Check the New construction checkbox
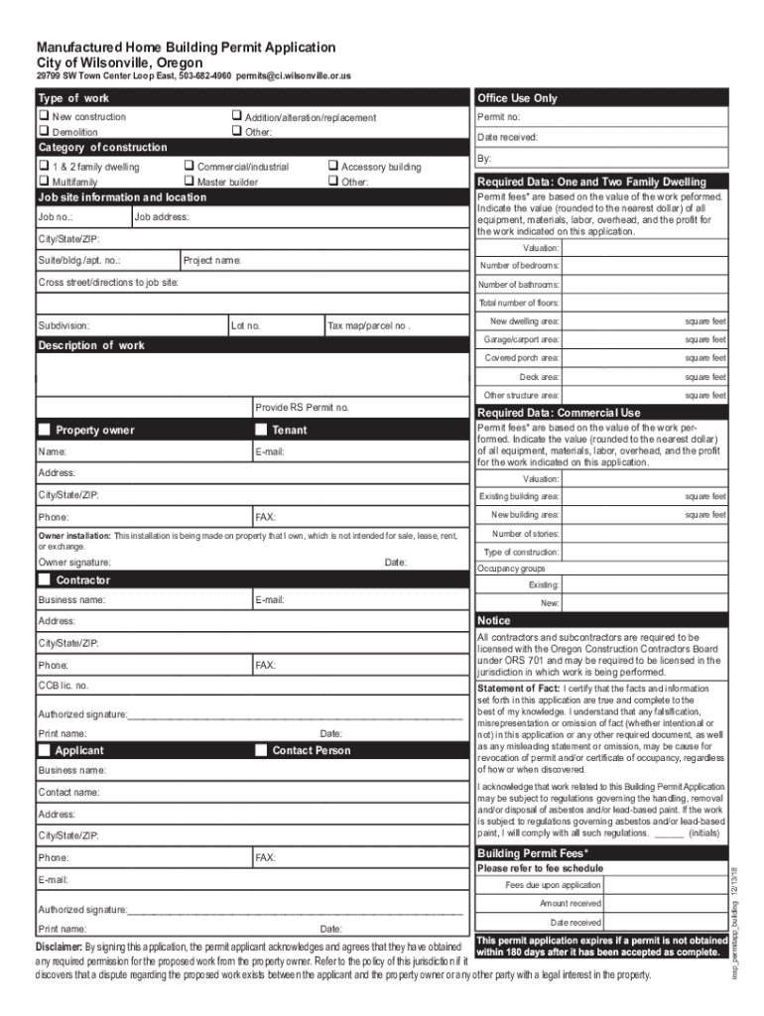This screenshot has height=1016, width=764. pos(43,117)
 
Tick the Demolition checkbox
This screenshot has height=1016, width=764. pos(43,131)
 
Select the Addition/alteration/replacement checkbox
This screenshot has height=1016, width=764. pos(236,117)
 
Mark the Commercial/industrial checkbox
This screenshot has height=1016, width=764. pos(189,167)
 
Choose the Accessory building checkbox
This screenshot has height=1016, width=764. pos(332,167)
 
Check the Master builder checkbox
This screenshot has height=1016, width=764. pos(189,182)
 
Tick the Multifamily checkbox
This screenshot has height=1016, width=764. pos(43,182)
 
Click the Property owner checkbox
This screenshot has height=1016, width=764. pos(44,430)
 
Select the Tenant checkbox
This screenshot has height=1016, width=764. pos(262,430)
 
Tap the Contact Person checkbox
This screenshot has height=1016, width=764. pos(262,750)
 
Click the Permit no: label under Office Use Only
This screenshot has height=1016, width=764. pos(499,117)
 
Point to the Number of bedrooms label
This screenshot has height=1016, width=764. pos(519,266)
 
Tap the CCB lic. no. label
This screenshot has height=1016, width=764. pos(63,686)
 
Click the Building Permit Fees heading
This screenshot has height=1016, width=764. pos(533,853)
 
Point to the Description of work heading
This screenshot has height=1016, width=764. pos(90,346)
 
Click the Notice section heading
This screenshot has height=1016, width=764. pos(493,620)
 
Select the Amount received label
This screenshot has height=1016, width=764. pos(570,904)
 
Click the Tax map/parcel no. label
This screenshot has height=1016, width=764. pos(369,325)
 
